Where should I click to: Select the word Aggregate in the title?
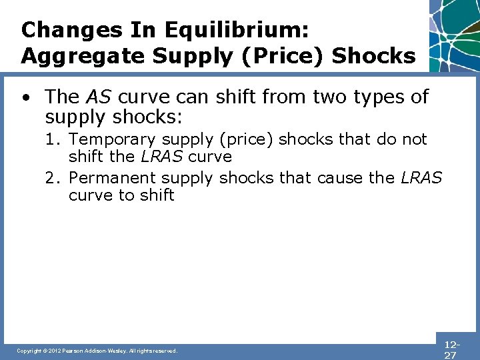76,56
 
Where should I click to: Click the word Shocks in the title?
373,56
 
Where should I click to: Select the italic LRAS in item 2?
421,179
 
